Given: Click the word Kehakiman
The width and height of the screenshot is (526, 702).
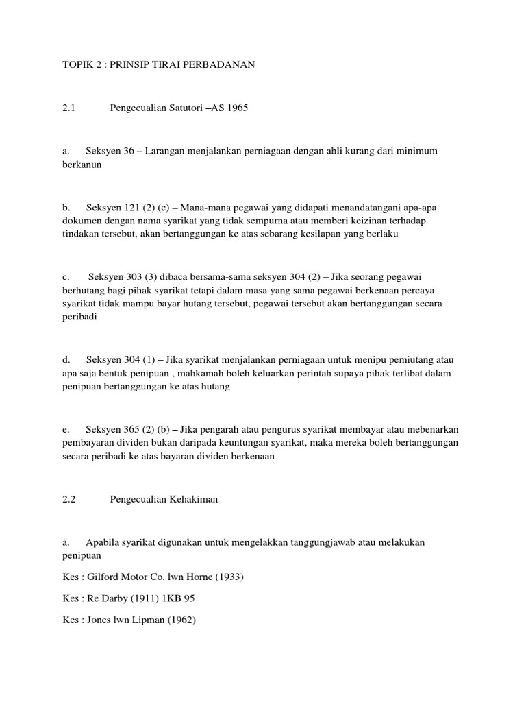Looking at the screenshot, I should point(193,500).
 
